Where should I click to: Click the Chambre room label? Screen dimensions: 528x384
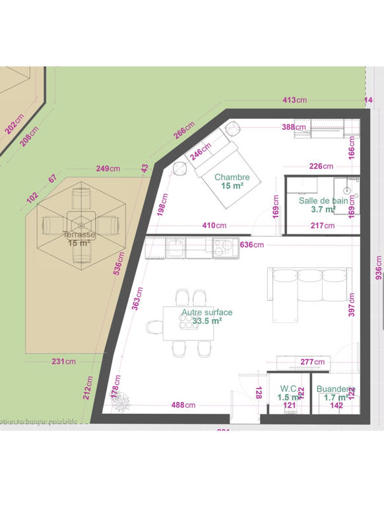[x=232, y=177]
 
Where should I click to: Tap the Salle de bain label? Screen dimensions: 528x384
[x=323, y=201]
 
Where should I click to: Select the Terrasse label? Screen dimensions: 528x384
[x=79, y=234]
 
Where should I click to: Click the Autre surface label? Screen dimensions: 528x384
[x=207, y=312]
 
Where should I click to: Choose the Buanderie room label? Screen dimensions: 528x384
[x=336, y=389]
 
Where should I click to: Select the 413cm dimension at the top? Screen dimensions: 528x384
[x=294, y=100]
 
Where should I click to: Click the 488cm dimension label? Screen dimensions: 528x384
[x=183, y=405]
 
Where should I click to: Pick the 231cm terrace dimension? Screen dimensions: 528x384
[x=63, y=361]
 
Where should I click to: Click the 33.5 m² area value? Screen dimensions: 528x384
[x=207, y=321]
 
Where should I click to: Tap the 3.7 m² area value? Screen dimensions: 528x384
[x=323, y=210]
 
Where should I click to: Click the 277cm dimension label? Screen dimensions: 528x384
[x=312, y=362]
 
